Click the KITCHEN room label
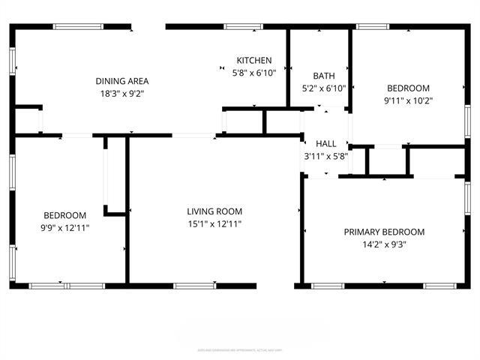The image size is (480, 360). pyautogui.click(x=254, y=61)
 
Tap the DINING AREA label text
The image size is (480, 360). pyautogui.click(x=121, y=81)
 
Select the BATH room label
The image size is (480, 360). pyautogui.click(x=323, y=76)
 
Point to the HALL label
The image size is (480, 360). pyautogui.click(x=326, y=144)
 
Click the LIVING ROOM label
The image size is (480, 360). pyautogui.click(x=214, y=211)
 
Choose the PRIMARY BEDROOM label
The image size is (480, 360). pyautogui.click(x=384, y=232)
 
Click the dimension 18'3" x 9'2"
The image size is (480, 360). pyautogui.click(x=121, y=94)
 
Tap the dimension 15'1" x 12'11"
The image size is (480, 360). pyautogui.click(x=214, y=223)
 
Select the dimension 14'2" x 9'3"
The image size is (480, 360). pyautogui.click(x=384, y=244)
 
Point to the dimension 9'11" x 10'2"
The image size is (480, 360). pyautogui.click(x=408, y=100)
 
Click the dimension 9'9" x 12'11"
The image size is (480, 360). pyautogui.click(x=64, y=227)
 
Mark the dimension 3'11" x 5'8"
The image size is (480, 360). pyautogui.click(x=326, y=157)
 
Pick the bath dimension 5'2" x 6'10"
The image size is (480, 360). pyautogui.click(x=323, y=88)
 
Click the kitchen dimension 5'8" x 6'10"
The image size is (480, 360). pyautogui.click(x=254, y=73)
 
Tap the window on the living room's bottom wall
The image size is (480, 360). pyautogui.click(x=195, y=285)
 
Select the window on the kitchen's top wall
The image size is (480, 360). pyautogui.click(x=244, y=27)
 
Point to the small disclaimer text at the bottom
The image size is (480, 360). pyautogui.click(x=240, y=349)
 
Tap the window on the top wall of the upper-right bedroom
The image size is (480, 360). pyautogui.click(x=373, y=27)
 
